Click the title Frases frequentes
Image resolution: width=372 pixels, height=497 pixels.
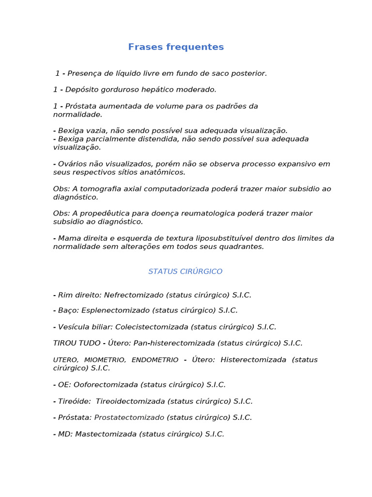pyautogui.click(x=176, y=47)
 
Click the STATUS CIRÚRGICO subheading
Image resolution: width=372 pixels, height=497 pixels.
pyautogui.click(x=185, y=271)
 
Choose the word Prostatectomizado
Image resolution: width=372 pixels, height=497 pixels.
pyautogui.click(x=129, y=417)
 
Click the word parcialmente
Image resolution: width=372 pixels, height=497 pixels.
pyautogui.click(x=106, y=139)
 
